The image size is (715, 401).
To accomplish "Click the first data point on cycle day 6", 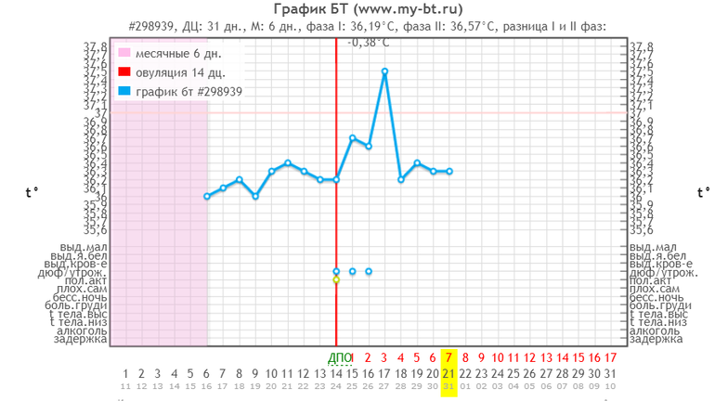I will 207,196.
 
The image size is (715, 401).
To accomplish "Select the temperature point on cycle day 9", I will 255,196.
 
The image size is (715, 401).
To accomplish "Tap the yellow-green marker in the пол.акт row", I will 336,279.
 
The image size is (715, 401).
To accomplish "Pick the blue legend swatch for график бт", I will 123,91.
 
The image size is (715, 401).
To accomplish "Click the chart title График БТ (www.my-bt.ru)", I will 357,8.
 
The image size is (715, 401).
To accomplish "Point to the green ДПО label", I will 341,356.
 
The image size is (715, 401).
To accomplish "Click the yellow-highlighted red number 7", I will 449,356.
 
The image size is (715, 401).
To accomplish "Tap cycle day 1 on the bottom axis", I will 125,375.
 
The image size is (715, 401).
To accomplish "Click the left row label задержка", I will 80,339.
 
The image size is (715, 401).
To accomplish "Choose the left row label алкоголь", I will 80,330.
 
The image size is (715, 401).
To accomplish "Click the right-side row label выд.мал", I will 654,247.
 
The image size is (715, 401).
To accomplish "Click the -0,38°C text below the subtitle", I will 369,42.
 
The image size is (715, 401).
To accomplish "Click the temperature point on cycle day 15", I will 352,138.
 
